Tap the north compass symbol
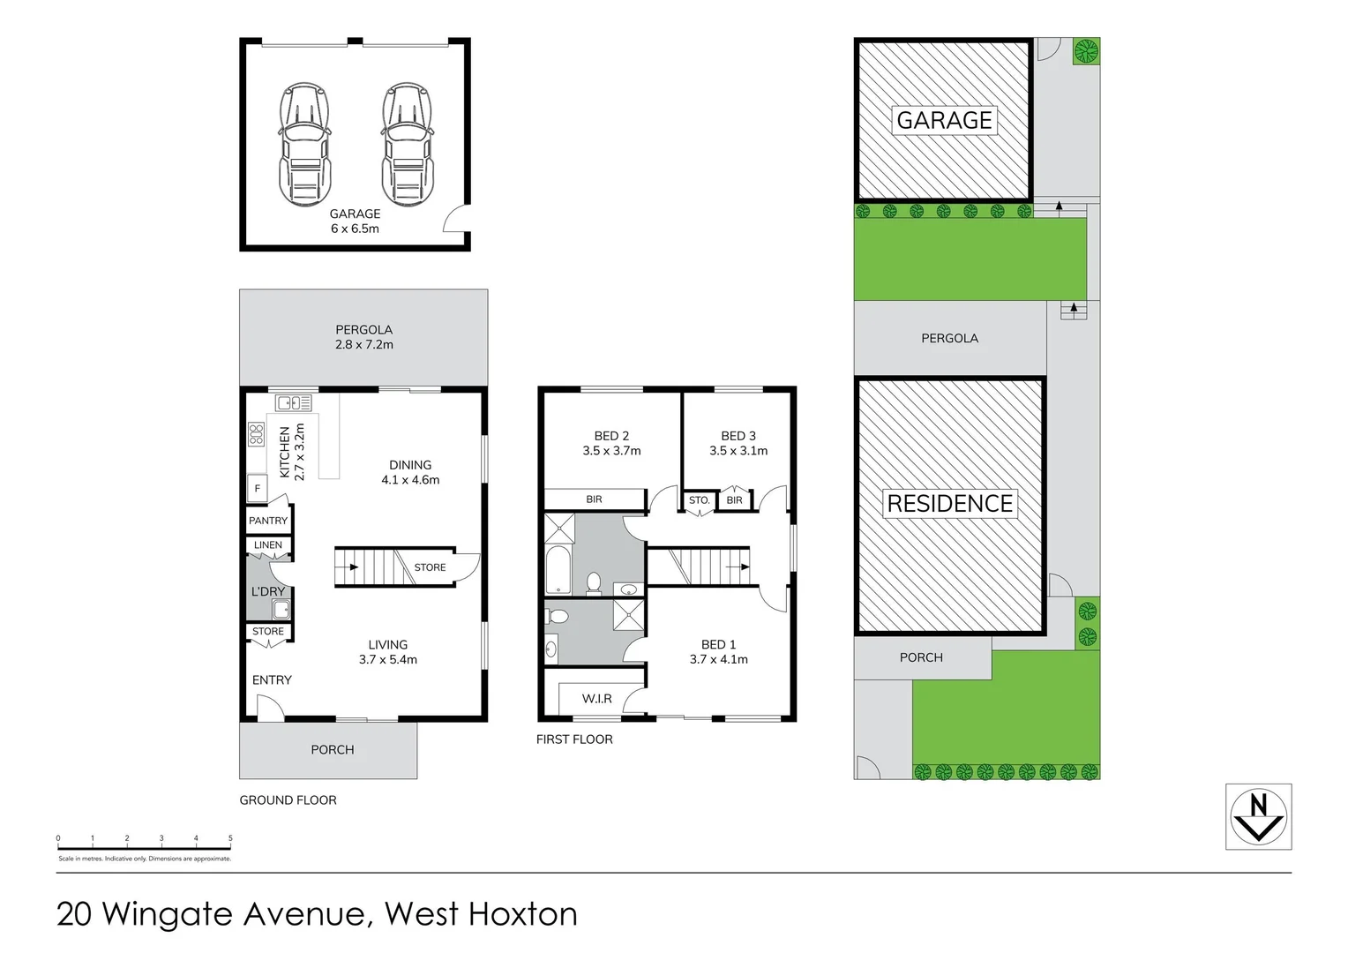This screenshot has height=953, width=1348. pos(1259,816)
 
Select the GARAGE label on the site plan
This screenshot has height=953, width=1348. pos(944,120)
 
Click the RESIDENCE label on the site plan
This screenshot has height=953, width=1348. pos(949,504)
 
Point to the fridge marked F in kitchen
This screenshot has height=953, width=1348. pos(258,488)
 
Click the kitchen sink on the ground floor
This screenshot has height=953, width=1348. pos(294,403)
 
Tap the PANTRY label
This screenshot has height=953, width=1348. pos(268,521)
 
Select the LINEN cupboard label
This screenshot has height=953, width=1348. pos(268,545)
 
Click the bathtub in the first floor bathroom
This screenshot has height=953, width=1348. pos(558,570)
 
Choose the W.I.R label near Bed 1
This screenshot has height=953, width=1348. pos(596,699)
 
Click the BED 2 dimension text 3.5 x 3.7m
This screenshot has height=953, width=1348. pos(611,451)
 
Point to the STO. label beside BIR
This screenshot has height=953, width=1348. pos(699,500)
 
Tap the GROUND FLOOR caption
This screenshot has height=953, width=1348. pos(288,800)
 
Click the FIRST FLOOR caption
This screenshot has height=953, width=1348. pos(574,739)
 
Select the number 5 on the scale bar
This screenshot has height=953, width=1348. pos(230,838)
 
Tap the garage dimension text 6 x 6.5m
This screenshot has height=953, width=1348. pos(355,229)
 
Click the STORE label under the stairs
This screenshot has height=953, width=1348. pos(430,567)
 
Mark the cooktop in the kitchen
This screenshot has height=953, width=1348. pos(257,433)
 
